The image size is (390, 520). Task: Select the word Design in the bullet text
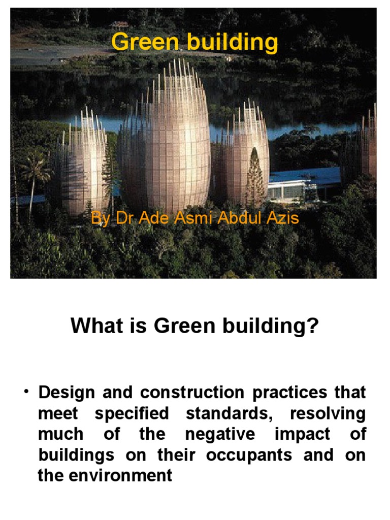(x=68, y=393)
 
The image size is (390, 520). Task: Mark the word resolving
(x=328, y=413)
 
